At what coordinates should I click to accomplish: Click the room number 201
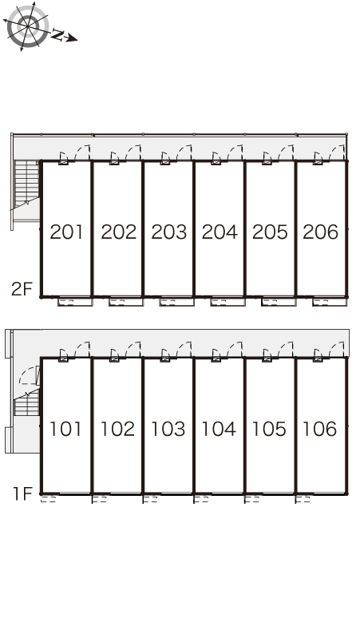(x=66, y=232)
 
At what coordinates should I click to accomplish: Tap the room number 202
(x=119, y=232)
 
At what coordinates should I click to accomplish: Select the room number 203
(x=169, y=232)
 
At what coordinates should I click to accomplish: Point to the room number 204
(x=220, y=232)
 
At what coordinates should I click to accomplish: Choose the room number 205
(x=270, y=232)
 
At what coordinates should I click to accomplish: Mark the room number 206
(x=321, y=232)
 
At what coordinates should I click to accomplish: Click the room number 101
(x=65, y=429)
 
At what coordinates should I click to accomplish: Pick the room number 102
(x=117, y=429)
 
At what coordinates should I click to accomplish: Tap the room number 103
(x=168, y=429)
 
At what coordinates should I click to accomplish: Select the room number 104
(x=219, y=429)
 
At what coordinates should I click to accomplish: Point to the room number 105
(x=269, y=429)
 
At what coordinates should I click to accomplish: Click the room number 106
(x=319, y=429)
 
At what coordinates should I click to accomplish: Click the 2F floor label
(x=22, y=289)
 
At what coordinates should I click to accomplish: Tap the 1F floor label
(x=22, y=493)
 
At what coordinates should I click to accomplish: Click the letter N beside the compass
(x=58, y=35)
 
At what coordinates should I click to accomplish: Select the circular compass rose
(x=28, y=26)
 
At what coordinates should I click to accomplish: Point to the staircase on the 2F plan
(x=27, y=184)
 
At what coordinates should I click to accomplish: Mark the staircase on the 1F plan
(x=27, y=402)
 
